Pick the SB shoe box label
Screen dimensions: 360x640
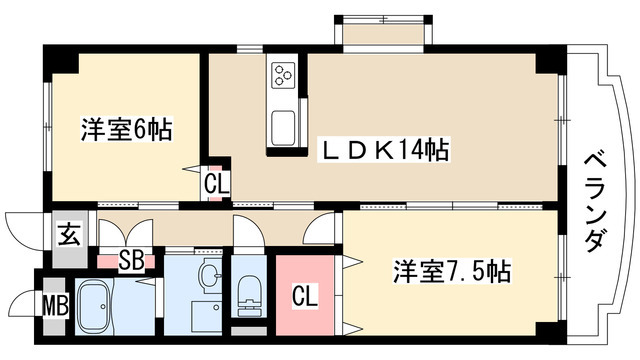(131, 261)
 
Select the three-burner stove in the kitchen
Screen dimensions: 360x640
(283, 76)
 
